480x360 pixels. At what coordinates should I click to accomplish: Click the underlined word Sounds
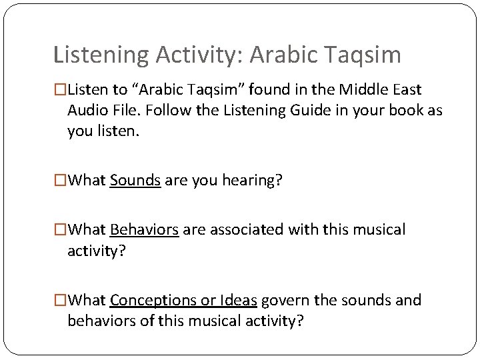coord(135,180)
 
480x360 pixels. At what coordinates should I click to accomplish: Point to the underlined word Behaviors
coord(144,230)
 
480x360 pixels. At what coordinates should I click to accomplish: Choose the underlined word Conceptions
coord(151,301)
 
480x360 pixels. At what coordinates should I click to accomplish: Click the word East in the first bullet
coord(407,89)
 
